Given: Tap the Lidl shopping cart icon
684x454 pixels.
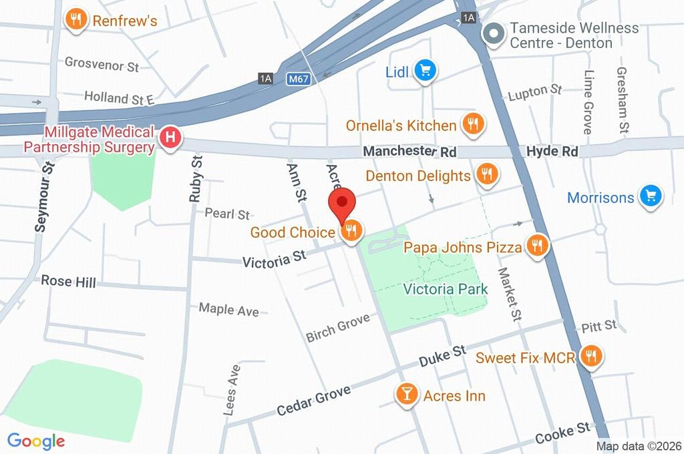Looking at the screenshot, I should click(x=425, y=70).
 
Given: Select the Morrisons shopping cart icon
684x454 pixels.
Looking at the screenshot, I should click(x=650, y=197).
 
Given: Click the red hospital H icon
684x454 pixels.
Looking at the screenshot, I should click(x=171, y=139).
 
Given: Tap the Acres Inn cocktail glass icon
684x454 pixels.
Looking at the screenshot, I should click(x=406, y=395).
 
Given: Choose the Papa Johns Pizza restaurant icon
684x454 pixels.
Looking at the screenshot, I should click(x=537, y=247).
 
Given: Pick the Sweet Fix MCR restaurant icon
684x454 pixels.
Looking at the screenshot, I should click(x=590, y=357).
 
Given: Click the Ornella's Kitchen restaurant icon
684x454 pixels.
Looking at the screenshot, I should click(x=474, y=124).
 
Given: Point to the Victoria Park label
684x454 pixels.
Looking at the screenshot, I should click(x=446, y=289).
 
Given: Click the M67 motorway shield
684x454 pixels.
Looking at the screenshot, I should click(x=299, y=79).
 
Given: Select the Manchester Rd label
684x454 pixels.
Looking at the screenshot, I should click(x=409, y=152).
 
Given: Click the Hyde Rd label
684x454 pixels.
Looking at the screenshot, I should click(x=551, y=152).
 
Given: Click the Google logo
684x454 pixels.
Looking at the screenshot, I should click(x=36, y=441).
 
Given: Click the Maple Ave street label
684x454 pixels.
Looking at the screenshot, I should click(x=228, y=310).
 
